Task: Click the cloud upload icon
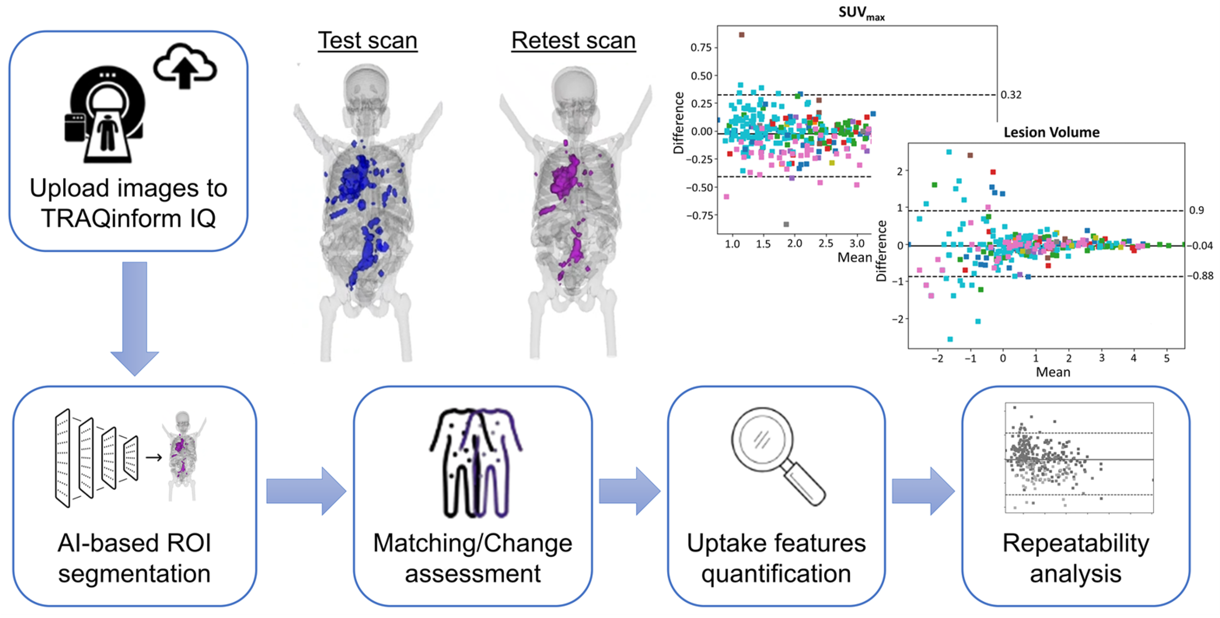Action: pyautogui.click(x=185, y=66)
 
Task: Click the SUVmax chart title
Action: pyautogui.click(x=861, y=13)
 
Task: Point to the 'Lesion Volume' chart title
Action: pyautogui.click(x=1051, y=132)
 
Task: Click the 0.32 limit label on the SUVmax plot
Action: pyautogui.click(x=1011, y=95)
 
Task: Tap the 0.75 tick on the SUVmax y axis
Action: pyautogui.click(x=701, y=48)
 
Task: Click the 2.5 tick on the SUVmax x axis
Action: pyautogui.click(x=825, y=243)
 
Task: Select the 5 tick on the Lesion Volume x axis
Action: pyautogui.click(x=1166, y=359)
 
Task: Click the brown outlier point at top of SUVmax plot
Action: pyautogui.click(x=742, y=35)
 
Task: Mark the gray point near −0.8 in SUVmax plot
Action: pyautogui.click(x=786, y=224)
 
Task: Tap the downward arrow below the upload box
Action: pyautogui.click(x=135, y=317)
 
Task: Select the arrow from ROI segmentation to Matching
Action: pyautogui.click(x=305, y=491)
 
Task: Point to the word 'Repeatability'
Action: pyautogui.click(x=1075, y=543)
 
